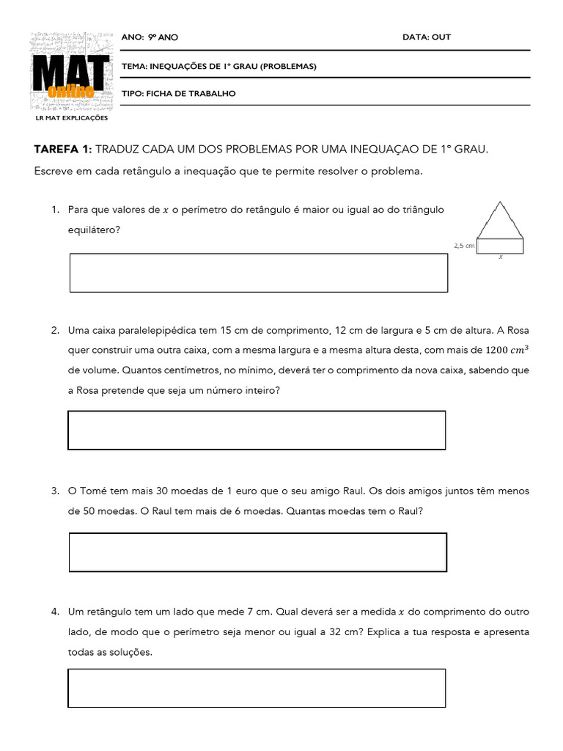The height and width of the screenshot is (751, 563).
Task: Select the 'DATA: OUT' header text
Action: [427, 37]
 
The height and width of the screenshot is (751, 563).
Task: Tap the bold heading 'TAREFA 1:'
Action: [62, 150]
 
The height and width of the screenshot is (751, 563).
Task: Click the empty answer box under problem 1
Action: [258, 273]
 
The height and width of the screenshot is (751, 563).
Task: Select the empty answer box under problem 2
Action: [257, 430]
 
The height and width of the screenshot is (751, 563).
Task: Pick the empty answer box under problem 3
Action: [257, 552]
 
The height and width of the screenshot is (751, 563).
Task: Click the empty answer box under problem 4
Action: [257, 688]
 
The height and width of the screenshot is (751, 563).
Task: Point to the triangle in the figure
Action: [500, 220]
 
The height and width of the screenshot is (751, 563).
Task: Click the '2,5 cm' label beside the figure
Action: [464, 246]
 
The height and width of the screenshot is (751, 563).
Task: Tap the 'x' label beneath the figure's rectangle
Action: [501, 257]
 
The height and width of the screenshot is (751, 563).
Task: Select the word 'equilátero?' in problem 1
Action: [95, 230]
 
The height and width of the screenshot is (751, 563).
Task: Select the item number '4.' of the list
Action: [55, 611]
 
